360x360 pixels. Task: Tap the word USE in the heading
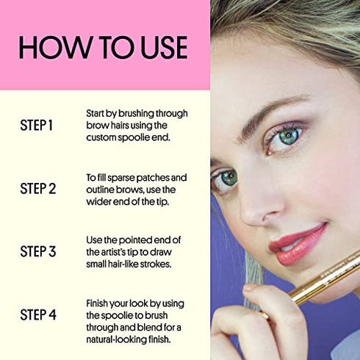(x=164, y=47)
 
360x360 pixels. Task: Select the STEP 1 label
(x=37, y=125)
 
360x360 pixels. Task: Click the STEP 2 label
(x=38, y=189)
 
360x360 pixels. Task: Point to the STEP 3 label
(x=38, y=251)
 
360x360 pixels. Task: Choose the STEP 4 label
(x=38, y=314)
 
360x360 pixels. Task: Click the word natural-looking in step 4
(x=116, y=339)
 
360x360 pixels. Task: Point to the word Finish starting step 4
(x=97, y=303)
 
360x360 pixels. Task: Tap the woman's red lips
(x=298, y=245)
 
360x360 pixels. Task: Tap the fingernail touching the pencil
(x=250, y=287)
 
